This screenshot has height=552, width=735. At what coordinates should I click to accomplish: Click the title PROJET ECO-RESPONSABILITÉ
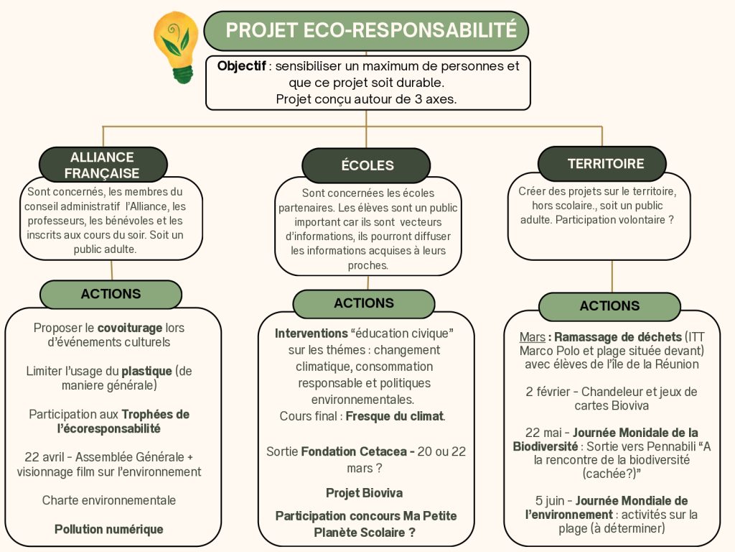pos(371,30)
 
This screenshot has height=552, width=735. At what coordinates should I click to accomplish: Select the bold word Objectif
pos(241,65)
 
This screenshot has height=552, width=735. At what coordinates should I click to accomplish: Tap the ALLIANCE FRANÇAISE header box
pos(103,165)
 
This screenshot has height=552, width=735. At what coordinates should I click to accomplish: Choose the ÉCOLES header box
pos(366,165)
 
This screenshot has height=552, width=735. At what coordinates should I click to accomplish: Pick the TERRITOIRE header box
pos(602,163)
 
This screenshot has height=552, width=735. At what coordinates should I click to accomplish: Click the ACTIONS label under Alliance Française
pos(111,294)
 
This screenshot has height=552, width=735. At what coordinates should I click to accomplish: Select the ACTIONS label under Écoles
pos(364,303)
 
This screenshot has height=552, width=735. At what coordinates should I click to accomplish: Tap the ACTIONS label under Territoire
pos(609,306)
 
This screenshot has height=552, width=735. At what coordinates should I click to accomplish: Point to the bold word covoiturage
pos(130,328)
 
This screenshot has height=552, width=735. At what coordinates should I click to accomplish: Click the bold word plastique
pos(146,372)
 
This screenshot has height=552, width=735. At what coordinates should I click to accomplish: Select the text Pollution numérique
pos(109,529)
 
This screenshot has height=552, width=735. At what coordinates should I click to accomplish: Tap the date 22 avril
pos(45,456)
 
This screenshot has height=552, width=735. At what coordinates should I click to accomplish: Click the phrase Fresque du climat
pos(395,416)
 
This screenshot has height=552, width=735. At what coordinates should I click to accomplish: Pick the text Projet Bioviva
pos(364,493)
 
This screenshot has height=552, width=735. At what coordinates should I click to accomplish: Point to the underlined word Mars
pos(532,337)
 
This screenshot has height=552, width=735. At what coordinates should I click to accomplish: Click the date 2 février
pos(548,392)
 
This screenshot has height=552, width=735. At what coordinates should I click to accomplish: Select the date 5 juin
pos(549,501)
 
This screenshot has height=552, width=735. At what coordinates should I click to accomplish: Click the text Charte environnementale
pos(109,500)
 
